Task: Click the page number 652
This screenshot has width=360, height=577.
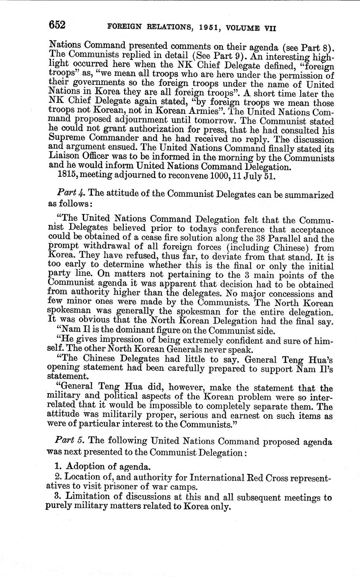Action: point(57,26)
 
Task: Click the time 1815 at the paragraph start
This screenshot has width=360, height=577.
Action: point(65,176)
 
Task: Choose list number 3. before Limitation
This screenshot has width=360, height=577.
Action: point(59,498)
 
